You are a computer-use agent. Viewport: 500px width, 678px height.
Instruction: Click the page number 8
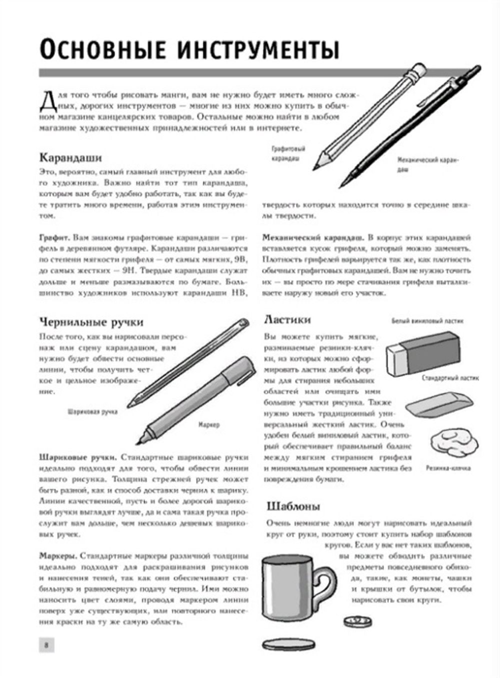click(46, 645)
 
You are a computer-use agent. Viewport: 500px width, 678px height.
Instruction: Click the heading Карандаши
click(70, 157)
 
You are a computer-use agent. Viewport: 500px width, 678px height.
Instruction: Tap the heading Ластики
click(287, 319)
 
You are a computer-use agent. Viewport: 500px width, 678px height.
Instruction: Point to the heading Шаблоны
click(293, 506)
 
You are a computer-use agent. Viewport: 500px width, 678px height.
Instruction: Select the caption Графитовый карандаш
click(288, 154)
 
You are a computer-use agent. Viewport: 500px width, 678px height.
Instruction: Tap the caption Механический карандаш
click(427, 164)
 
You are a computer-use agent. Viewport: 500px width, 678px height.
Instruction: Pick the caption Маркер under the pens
click(208, 425)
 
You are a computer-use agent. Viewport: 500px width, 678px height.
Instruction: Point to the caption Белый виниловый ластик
click(427, 321)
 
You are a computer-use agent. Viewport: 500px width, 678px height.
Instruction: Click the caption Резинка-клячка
click(448, 468)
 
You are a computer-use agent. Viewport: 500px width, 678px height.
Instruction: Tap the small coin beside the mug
click(357, 621)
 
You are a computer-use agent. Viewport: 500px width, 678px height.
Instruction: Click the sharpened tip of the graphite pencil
click(316, 166)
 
